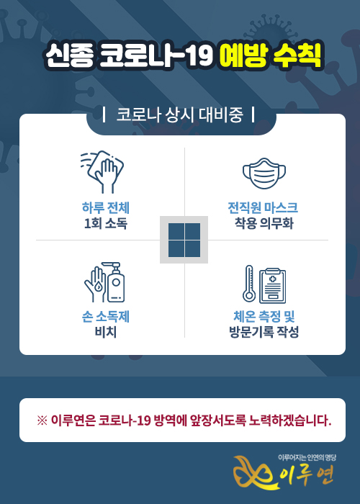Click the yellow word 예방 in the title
[243, 55]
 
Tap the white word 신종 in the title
[70, 55]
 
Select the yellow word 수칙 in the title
[297, 55]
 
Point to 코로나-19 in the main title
[156, 55]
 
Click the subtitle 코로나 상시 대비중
[179, 114]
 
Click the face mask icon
[264, 173]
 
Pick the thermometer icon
[249, 284]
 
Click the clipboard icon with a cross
[273, 285]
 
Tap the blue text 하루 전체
[105, 207]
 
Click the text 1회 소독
[105, 223]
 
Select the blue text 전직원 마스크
[263, 207]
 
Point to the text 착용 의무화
[264, 223]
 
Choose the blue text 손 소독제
[105, 317]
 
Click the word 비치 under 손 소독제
[105, 332]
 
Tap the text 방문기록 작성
[264, 332]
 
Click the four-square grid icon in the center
[184, 240]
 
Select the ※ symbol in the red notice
[42, 420]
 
